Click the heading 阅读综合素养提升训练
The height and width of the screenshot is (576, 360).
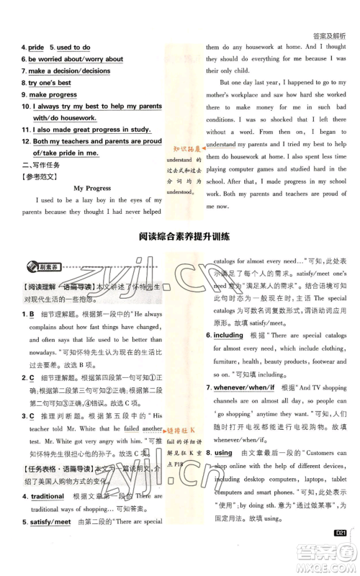click(179, 235)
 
